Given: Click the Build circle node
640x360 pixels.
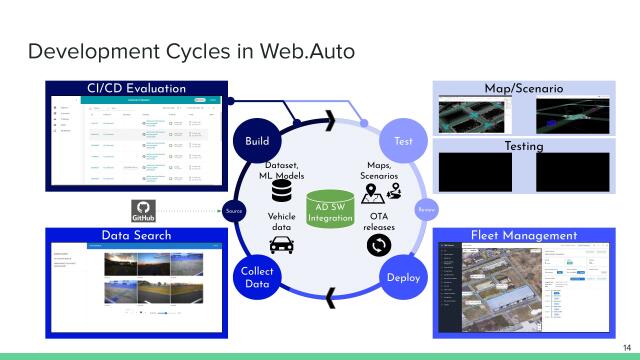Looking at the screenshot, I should tap(257, 142).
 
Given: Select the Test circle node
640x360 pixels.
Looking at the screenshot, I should tap(404, 142).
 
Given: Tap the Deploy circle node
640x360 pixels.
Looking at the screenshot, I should tap(404, 276).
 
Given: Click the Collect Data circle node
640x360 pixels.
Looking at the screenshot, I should tap(257, 276).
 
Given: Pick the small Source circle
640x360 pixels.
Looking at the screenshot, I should tap(234, 211).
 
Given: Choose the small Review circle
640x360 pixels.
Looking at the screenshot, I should tap(425, 210).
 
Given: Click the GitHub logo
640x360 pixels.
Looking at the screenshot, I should tap(145, 211).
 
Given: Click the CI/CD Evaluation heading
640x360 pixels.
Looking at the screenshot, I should tap(137, 89).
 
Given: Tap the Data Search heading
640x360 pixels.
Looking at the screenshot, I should tap(136, 235).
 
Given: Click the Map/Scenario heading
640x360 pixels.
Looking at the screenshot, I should tap(523, 89).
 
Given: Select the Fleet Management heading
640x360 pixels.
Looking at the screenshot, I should tap(523, 235).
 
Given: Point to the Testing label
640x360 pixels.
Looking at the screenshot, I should tap(523, 146).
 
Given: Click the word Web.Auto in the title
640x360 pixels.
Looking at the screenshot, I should tap(307, 50).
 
